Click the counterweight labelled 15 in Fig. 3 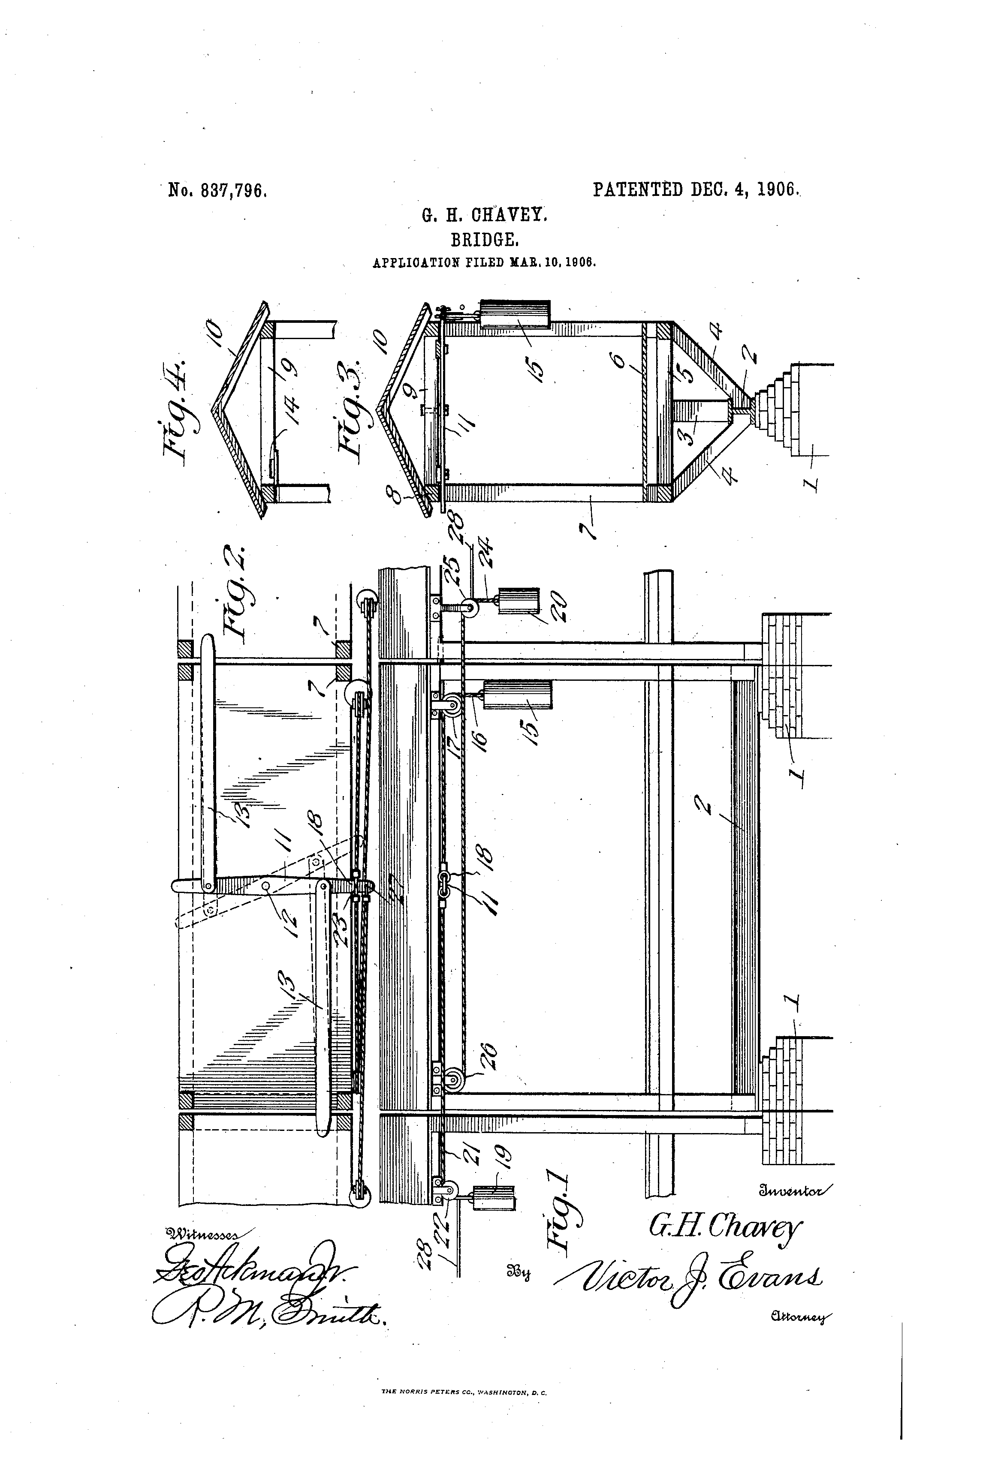[x=515, y=314]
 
